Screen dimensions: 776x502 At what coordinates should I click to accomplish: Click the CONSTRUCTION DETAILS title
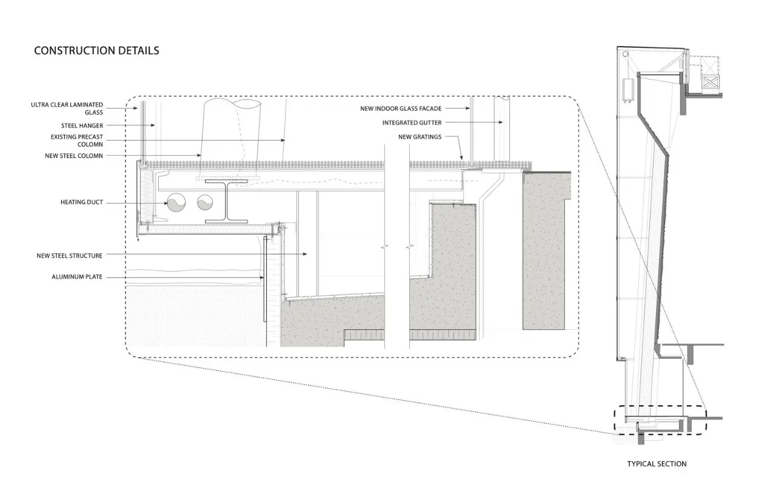(96, 50)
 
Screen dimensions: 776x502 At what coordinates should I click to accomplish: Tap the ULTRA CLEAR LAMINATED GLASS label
(67, 109)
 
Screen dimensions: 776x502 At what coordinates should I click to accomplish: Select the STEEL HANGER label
(82, 125)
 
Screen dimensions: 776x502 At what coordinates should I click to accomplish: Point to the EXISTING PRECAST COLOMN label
(76, 141)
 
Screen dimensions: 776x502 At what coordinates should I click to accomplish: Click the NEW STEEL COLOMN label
(74, 156)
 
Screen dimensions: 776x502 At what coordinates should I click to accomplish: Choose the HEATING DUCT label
(82, 202)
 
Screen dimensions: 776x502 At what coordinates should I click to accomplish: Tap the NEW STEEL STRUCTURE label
(69, 256)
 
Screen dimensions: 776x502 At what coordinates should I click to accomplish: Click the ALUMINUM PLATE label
(77, 277)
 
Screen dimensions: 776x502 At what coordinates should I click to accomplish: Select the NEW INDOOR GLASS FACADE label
(401, 109)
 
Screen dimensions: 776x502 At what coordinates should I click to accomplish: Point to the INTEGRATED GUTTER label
(412, 122)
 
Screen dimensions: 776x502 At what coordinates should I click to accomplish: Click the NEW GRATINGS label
(420, 137)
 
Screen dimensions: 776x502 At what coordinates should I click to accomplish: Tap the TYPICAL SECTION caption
(657, 464)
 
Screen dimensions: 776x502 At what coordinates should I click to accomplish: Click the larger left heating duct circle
(176, 202)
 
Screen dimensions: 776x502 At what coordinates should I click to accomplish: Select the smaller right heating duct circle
(205, 202)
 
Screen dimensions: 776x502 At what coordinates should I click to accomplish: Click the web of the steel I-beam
(227, 201)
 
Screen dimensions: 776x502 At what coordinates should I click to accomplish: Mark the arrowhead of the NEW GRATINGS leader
(461, 158)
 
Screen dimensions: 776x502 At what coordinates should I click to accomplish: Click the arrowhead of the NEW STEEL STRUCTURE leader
(305, 254)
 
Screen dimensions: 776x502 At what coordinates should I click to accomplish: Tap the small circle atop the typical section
(625, 54)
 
